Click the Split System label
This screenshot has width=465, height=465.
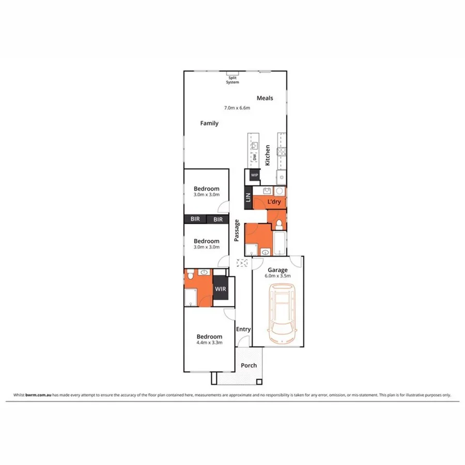[233, 80]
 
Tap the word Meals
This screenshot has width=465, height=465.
[265, 98]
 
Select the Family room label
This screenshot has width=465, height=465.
[209, 123]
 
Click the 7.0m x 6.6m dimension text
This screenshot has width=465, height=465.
[237, 108]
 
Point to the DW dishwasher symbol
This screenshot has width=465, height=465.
[254, 157]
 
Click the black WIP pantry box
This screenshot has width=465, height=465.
[254, 175]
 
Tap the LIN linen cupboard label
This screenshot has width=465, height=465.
[247, 197]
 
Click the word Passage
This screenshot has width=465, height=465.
[237, 231]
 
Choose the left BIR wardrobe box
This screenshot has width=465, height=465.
[195, 219]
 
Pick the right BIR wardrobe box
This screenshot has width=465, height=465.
[218, 219]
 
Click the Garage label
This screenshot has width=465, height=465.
[277, 270]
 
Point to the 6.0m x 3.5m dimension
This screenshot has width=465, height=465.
[278, 276]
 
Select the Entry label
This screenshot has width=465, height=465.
[243, 329]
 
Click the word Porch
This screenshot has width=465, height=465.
[249, 366]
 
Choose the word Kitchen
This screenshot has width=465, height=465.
[268, 155]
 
